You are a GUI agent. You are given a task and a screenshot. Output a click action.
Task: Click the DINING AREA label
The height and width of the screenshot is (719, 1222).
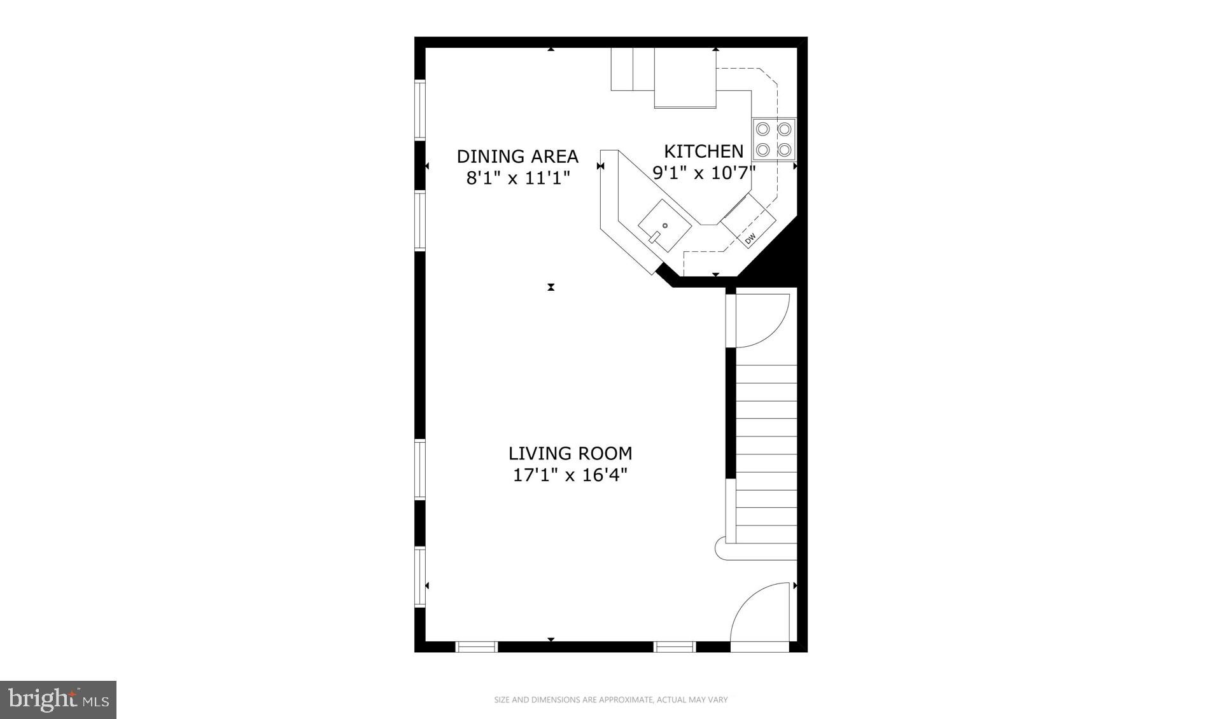tap(517, 156)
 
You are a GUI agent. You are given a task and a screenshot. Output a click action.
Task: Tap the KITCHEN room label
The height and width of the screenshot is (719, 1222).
tap(703, 151)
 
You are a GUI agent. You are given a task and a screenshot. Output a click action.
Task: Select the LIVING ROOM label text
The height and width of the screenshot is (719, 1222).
tap(570, 453)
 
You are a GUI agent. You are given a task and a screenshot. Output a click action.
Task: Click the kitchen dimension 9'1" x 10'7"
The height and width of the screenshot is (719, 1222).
tap(703, 172)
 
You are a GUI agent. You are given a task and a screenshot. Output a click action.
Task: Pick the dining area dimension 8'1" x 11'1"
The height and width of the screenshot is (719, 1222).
tap(517, 178)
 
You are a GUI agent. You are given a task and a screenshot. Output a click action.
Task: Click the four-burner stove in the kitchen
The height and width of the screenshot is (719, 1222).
tap(773, 139)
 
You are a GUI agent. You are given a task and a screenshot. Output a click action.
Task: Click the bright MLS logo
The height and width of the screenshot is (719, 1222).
tap(58, 700)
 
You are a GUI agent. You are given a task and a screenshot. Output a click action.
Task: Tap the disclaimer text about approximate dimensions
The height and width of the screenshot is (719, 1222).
tap(610, 700)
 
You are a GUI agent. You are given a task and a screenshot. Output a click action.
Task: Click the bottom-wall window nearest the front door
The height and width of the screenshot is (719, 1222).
tap(675, 647)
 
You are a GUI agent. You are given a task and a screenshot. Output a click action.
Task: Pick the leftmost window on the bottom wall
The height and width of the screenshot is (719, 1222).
tap(476, 647)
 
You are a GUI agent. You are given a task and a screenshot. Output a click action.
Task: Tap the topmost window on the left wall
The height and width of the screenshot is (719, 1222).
tap(420, 109)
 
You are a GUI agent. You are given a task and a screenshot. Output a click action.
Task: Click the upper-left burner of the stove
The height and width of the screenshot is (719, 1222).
tap(762, 129)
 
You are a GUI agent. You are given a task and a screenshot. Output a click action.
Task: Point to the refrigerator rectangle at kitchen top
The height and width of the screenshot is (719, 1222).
tap(685, 78)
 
